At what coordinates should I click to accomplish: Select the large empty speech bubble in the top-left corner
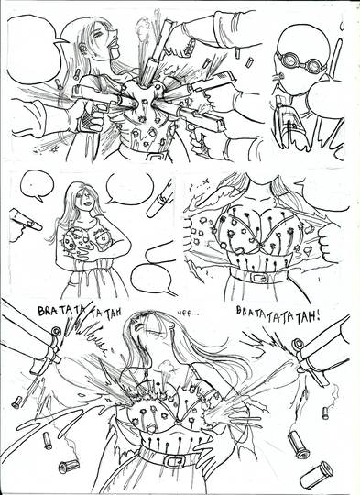click(x=34, y=49)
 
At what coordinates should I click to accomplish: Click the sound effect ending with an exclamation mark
click(x=278, y=314)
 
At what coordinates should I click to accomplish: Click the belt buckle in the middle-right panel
click(x=258, y=278)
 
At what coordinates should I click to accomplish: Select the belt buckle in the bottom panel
click(x=172, y=461)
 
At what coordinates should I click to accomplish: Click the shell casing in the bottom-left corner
click(x=69, y=466)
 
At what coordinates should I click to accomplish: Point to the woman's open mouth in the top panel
click(x=115, y=48)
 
